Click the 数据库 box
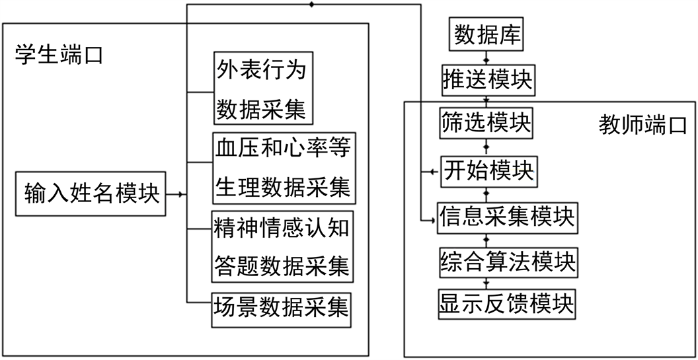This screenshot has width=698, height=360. pos(486,35)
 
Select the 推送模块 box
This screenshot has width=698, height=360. pos(486,80)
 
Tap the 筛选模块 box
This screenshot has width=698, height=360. pos(486,124)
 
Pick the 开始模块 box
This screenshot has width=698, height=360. pos(488,171)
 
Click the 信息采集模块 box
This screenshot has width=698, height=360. pos(507,217)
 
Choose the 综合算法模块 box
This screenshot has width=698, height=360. pos(507,262)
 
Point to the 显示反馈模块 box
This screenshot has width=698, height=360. pos(507,305)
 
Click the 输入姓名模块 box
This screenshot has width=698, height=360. pos(91,195)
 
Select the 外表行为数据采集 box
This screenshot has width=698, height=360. pos(263,88)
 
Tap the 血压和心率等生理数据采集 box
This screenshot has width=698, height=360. pos(283,168)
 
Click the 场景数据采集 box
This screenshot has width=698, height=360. pos(281,309)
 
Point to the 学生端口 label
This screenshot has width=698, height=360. pos(59,55)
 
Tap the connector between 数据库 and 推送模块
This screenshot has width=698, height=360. pos(486,57)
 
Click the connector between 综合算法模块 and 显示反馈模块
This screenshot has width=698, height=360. pos(487,283)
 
